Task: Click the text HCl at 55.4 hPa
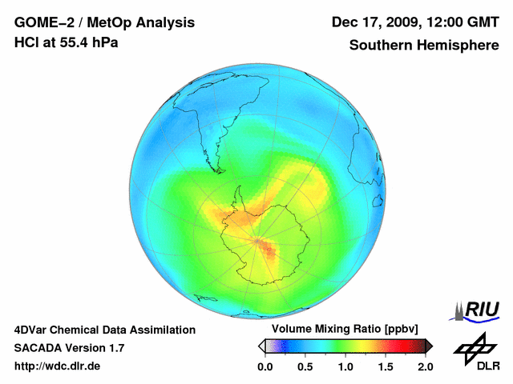(67, 42)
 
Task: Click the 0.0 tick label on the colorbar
(265, 366)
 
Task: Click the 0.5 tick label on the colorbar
(305, 366)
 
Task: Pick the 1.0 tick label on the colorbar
(345, 366)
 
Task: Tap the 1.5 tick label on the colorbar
(386, 366)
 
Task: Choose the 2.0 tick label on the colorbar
(425, 366)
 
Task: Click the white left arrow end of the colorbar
(261, 346)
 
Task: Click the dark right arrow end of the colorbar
(429, 346)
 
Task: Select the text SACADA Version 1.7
(69, 348)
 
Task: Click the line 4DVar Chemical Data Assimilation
(105, 330)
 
